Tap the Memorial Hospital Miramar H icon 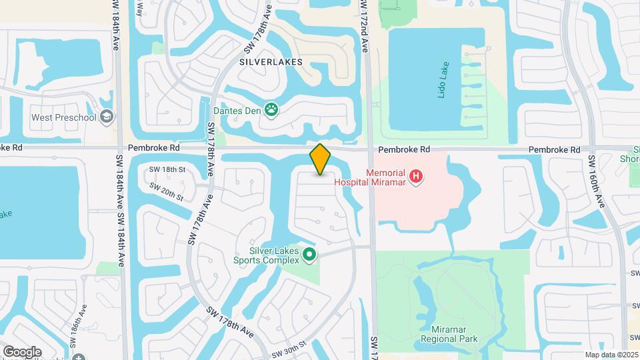(x=416, y=176)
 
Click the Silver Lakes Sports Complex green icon (x=309, y=254)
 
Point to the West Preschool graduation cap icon (x=107, y=117)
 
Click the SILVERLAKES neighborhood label (x=271, y=62)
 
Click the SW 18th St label (x=167, y=170)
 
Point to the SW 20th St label (x=166, y=191)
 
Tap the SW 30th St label (x=289, y=347)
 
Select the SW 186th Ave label (x=77, y=327)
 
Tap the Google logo (x=22, y=351)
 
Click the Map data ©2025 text (x=610, y=355)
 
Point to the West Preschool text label (x=64, y=117)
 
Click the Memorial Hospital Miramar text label (x=386, y=176)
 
